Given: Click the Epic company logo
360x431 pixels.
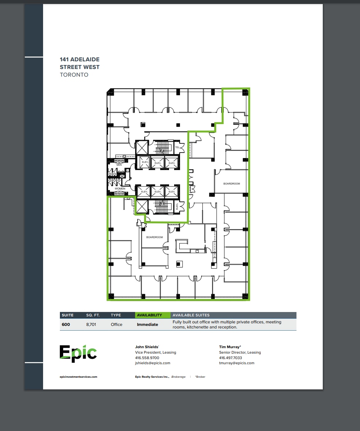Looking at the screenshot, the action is coord(78,353).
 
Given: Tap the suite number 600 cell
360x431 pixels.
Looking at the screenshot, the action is coord(66,324).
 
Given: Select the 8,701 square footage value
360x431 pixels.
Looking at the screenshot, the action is coord(91,324).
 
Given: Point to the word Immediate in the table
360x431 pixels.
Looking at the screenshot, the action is coord(148,324).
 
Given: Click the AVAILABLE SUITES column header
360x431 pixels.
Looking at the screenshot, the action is coord(191,315).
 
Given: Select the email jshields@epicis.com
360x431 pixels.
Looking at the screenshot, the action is coord(153,363).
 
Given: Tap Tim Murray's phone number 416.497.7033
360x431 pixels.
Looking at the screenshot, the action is coord(230,358).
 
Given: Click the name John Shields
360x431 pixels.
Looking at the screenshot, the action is coord(146,347).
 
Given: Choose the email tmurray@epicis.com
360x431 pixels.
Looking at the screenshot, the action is coord(237,363).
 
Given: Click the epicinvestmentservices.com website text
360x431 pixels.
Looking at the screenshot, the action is coord(78,377).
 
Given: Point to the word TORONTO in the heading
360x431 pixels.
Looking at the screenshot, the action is coord(74,75).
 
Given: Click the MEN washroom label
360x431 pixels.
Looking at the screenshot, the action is coord(119,165).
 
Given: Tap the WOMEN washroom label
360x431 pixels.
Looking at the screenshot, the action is coord(120,189).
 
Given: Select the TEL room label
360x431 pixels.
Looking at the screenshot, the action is coord(177,147).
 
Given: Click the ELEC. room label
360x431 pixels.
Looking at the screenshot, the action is coord(177,207).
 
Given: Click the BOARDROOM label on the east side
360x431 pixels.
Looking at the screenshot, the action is coord(231,184).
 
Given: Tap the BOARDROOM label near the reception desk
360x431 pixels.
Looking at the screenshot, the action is coord(154,237).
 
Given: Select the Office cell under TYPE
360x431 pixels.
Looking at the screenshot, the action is coord(116,324).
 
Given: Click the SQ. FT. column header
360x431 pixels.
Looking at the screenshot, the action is coord(93,315).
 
